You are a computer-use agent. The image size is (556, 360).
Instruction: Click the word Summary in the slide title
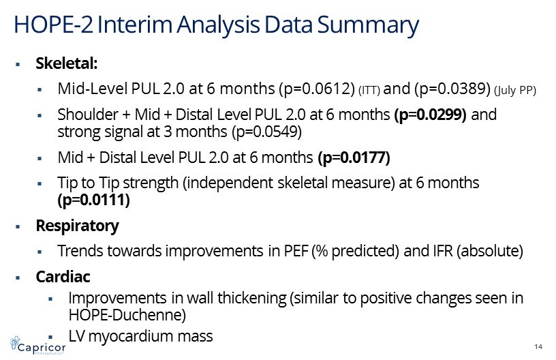[x=368, y=25]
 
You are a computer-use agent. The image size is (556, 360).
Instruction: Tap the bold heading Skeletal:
[x=67, y=63]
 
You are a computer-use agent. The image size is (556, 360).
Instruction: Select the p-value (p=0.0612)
[x=317, y=89]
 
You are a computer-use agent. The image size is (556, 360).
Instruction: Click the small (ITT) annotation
[x=369, y=91]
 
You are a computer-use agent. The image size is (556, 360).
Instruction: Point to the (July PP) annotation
[x=515, y=91]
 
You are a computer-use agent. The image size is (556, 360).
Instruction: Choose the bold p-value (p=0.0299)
[x=430, y=115]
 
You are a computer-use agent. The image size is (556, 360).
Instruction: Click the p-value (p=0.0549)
[x=266, y=132]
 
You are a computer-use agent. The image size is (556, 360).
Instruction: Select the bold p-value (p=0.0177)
[x=354, y=157]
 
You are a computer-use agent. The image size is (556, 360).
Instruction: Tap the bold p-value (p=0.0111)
[x=93, y=200]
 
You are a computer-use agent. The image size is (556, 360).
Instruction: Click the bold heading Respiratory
[x=77, y=226]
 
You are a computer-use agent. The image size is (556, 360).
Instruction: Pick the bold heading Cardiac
[x=63, y=277]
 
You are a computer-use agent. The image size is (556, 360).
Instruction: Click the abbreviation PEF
[x=296, y=251]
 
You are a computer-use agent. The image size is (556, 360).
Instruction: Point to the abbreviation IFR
[x=443, y=251]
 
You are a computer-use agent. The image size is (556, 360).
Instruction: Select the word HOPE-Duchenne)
[x=127, y=315]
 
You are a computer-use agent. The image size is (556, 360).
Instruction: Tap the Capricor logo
[x=38, y=346]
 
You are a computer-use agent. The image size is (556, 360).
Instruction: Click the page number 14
[x=538, y=346]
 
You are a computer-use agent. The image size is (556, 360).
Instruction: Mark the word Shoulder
[x=88, y=115]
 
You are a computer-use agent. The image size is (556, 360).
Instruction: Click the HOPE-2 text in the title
[x=53, y=25]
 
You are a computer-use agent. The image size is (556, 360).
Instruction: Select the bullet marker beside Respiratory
[x=18, y=226]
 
